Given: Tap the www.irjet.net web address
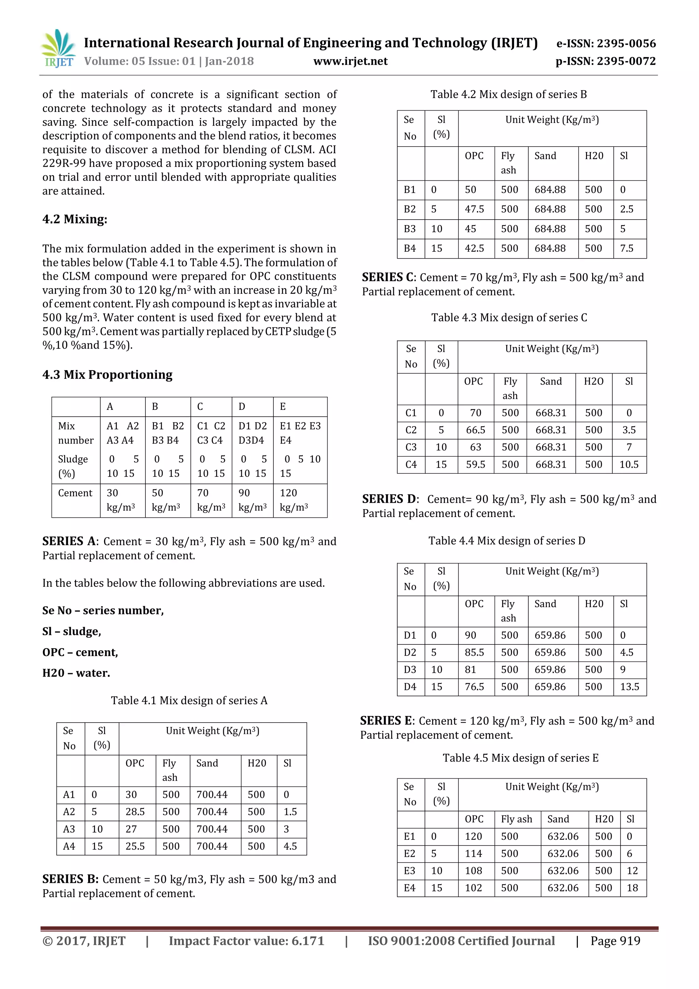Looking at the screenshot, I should click(351, 61).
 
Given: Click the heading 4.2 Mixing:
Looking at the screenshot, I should click(75, 219).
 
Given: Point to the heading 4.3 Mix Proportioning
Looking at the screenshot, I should click(107, 374).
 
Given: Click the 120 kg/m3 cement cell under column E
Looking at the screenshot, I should click(294, 500).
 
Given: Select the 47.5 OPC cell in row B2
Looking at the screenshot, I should click(474, 209).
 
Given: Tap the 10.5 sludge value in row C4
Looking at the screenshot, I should click(629, 464).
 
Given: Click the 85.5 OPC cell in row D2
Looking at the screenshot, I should click(474, 652).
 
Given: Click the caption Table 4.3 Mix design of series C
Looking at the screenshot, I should click(509, 318).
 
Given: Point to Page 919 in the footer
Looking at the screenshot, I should click(615, 941).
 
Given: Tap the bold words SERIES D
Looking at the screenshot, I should click(389, 499).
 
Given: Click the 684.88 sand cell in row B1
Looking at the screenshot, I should click(550, 190).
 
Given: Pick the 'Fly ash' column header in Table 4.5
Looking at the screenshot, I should click(516, 819).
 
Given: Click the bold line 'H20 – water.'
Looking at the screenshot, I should click(76, 673).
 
